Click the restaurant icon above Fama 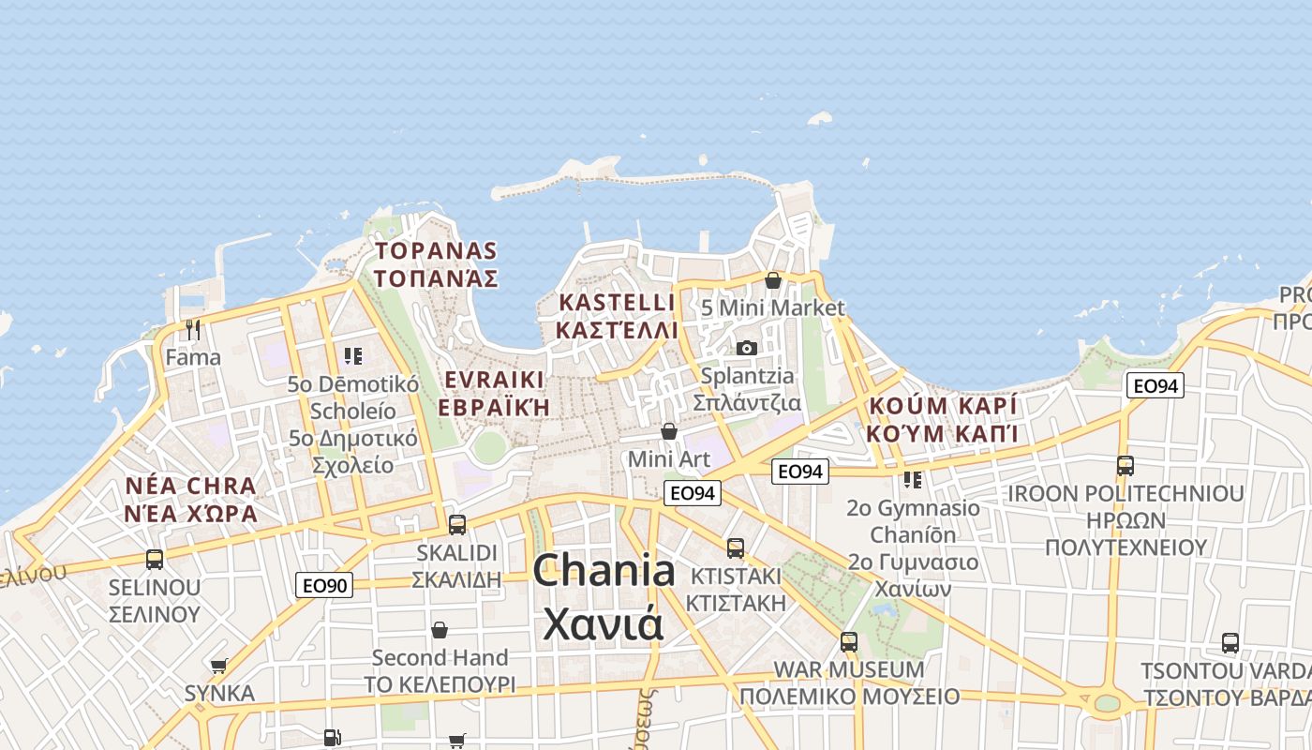click(x=193, y=330)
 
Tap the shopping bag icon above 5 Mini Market click(x=773, y=280)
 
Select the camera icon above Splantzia click(x=747, y=349)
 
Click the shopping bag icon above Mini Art click(x=669, y=431)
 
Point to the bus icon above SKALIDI click(x=457, y=525)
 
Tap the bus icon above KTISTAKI click(x=736, y=548)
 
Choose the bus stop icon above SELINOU click(x=155, y=560)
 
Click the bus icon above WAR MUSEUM click(x=849, y=642)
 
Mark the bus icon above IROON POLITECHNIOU click(x=1126, y=466)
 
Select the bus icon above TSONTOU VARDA click(x=1230, y=644)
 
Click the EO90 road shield click(x=324, y=586)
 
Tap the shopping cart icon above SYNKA click(x=219, y=667)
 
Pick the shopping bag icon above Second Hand click(x=440, y=630)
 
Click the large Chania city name click(x=604, y=596)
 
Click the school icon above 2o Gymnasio click(x=913, y=480)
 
